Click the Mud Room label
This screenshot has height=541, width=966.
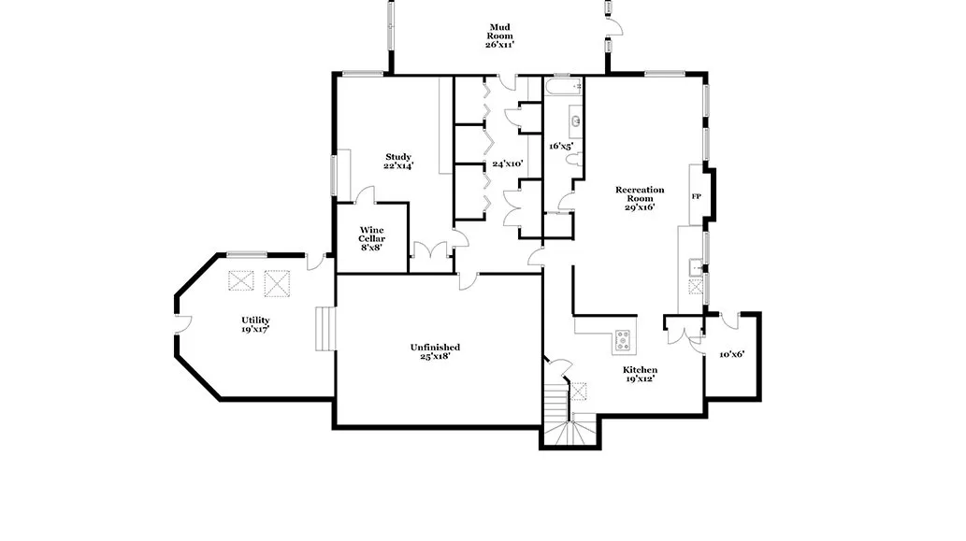499,36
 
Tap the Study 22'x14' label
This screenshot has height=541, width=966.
398,162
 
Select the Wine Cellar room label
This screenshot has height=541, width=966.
371,239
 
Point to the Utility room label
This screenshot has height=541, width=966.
255,324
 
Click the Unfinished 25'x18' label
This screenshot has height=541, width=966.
435,351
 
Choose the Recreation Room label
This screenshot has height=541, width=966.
640,198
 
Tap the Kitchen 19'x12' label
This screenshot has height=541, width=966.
640,374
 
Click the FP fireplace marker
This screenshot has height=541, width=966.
696,197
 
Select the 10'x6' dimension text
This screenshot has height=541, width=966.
732,354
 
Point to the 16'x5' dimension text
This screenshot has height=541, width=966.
561,147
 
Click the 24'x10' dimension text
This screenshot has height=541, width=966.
508,164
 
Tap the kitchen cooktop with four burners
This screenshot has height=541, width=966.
622,340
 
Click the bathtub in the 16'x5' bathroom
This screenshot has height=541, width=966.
563,86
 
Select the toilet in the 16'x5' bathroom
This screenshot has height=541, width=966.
573,160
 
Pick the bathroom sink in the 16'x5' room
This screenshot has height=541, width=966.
575,121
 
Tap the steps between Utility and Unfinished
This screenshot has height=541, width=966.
325,329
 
